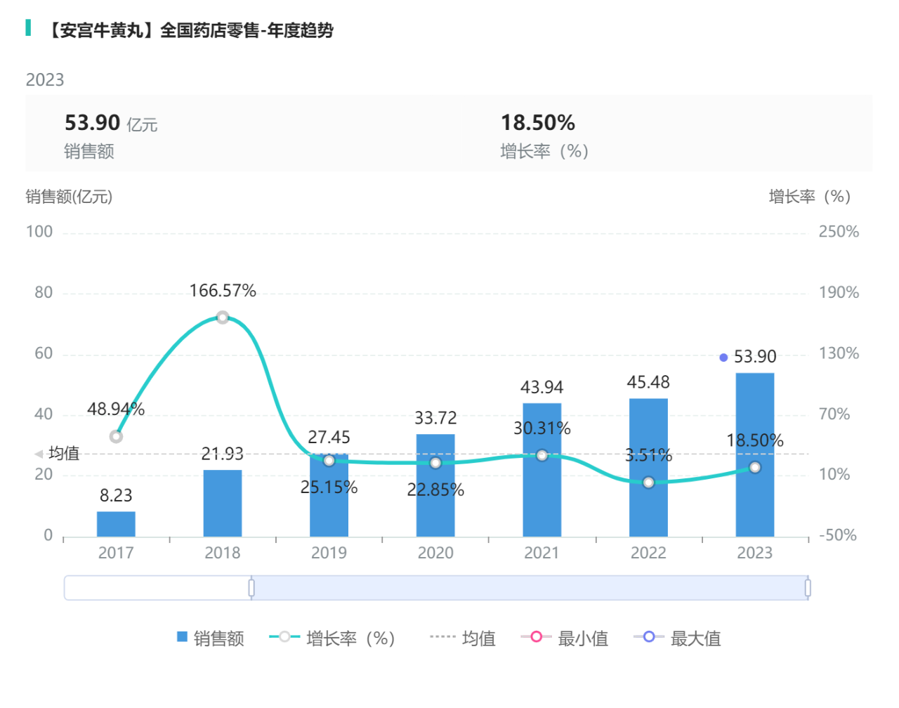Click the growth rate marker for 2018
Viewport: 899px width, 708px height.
pos(223,317)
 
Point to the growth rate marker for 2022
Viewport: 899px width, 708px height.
pos(648,483)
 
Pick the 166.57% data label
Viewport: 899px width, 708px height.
pos(223,291)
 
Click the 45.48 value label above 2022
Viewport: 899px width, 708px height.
pos(648,382)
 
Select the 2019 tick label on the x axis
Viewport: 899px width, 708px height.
pos(329,553)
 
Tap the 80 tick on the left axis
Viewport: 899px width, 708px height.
pos(44,292)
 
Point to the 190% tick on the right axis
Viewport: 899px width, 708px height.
pos(839,292)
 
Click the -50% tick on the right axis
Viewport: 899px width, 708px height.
pos(837,535)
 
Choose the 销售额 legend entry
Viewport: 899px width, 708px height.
pos(211,638)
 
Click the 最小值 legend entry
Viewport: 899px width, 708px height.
pos(565,638)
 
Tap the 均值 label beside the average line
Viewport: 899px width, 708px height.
pos(64,454)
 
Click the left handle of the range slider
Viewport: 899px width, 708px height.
pos(251,588)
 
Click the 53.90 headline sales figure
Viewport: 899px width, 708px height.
pos(92,123)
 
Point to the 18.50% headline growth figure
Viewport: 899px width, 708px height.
pos(537,123)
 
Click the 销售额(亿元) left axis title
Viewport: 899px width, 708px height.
pos(69,197)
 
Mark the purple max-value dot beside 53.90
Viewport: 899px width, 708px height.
pos(723,358)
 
